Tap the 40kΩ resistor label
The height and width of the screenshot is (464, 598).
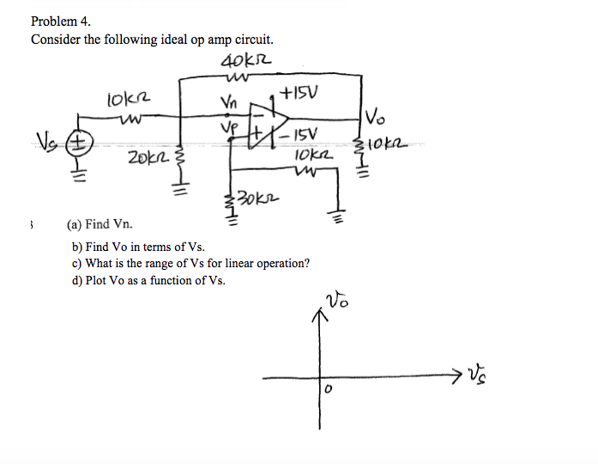pyautogui.click(x=246, y=61)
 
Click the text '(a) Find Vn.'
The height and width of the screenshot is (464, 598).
pyautogui.click(x=100, y=224)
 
